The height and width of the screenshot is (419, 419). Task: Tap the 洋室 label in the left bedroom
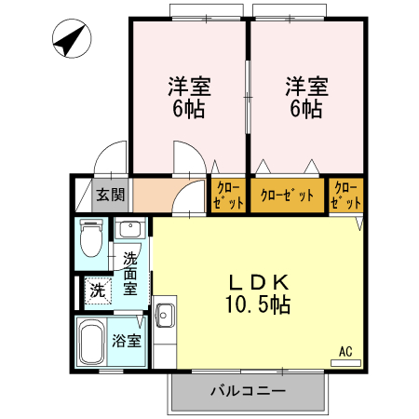click(189, 88)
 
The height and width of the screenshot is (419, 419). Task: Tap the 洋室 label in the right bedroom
click(305, 88)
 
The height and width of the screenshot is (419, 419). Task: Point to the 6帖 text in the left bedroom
click(189, 109)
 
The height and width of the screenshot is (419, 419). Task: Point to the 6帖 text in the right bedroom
click(305, 109)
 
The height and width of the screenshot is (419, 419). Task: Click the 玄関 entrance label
click(110, 195)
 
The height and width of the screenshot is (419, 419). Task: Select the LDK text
click(256, 282)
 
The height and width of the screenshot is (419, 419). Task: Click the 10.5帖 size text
click(256, 304)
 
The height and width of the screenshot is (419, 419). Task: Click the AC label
click(345, 351)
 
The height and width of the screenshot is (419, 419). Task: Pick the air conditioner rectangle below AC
click(345, 361)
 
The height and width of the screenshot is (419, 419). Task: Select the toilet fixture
click(91, 239)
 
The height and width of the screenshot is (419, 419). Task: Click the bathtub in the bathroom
click(91, 343)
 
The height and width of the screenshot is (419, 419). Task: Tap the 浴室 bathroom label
click(128, 341)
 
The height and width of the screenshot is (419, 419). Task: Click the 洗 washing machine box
click(97, 291)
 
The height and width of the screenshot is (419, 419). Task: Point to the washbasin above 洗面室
click(128, 229)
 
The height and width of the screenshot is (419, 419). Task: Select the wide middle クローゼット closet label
click(286, 195)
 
